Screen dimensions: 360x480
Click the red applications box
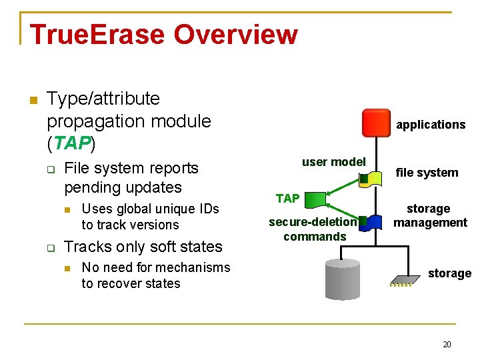coord(375,123)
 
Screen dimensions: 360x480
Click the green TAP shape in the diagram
coord(317,198)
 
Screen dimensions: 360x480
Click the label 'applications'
coord(431,125)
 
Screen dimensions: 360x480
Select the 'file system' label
coord(427,173)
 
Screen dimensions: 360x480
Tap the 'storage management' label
coord(430,215)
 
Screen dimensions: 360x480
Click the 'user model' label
coord(333,161)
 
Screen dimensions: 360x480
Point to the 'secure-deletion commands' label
coord(314,229)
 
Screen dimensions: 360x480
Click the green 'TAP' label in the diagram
coord(287,198)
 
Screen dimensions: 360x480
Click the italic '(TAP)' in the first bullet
coord(71,143)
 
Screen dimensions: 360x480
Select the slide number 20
coord(447,344)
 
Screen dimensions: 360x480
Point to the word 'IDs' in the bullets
coord(207,209)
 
